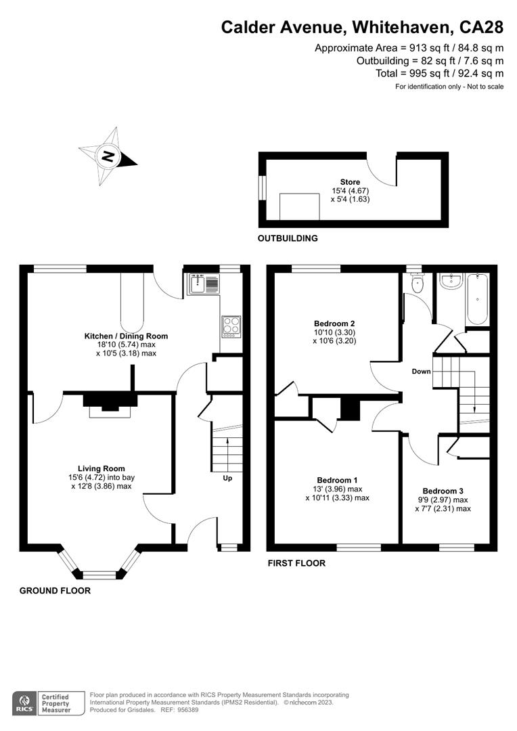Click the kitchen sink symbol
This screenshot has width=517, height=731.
coord(203,284)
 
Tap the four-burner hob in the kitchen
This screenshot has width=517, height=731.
coord(231,326)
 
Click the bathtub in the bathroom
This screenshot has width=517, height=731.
coord(477,299)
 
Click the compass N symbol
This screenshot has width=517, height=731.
coord(108,156)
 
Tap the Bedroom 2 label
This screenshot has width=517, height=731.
coord(334,324)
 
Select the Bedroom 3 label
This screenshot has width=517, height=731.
coord(443,491)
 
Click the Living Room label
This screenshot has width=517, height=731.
coord(101,468)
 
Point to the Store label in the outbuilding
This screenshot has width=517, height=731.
coord(350,182)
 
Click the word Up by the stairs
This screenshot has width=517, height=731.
coord(227,479)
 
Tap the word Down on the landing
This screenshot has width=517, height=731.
coord(422,372)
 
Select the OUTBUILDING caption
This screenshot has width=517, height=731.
coord(288,238)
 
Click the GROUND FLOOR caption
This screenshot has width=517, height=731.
coord(55,591)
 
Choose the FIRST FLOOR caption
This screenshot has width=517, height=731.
coord(296,563)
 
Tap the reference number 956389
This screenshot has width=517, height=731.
coord(186,710)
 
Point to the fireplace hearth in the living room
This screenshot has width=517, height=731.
coord(110,413)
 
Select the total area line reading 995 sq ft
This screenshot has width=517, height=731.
coord(440,73)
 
